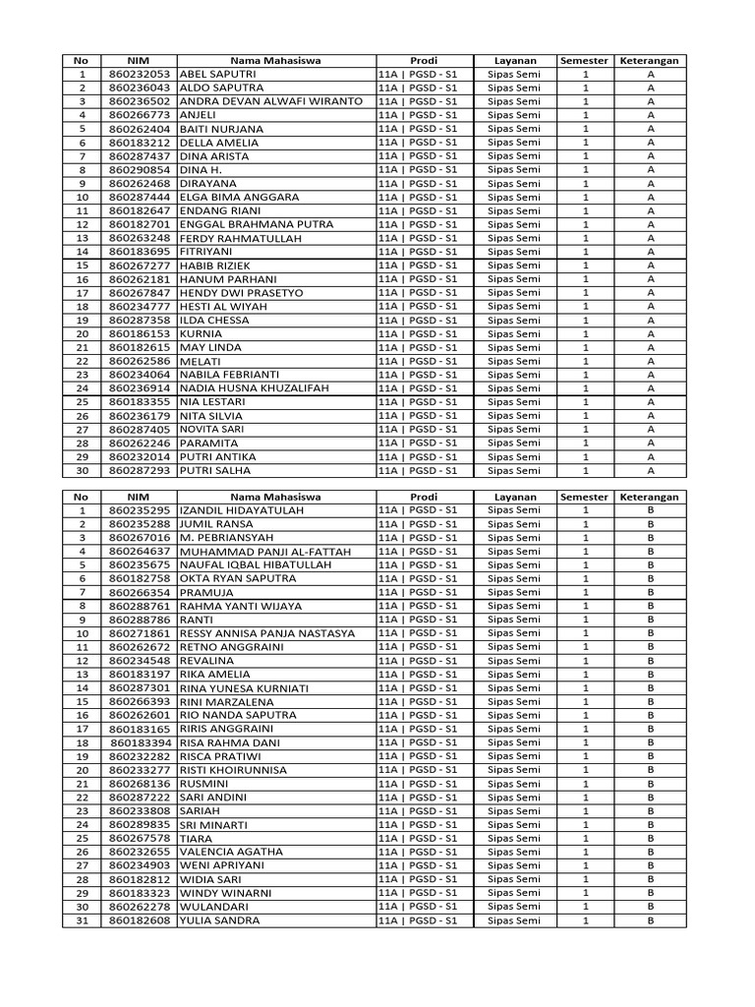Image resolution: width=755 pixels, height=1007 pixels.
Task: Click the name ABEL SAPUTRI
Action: (x=218, y=74)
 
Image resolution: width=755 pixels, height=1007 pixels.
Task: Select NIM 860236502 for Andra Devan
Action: (x=140, y=101)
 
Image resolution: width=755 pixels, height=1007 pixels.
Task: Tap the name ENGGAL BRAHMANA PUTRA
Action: (x=257, y=224)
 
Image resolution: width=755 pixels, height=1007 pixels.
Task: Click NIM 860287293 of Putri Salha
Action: (x=140, y=470)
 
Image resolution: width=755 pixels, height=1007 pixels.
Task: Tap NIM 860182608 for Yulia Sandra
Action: (x=140, y=920)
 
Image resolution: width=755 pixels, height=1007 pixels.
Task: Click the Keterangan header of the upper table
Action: (x=650, y=61)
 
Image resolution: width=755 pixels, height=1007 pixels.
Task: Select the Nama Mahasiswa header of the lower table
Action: (x=275, y=498)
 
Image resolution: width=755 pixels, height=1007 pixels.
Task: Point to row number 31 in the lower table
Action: (x=82, y=920)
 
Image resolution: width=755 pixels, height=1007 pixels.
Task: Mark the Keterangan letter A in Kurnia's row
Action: (x=650, y=333)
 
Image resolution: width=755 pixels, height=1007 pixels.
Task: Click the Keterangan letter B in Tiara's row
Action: (x=650, y=838)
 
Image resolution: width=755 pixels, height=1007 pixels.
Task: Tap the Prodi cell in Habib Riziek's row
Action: (x=418, y=266)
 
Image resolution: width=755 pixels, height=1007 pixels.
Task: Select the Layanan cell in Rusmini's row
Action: (x=515, y=784)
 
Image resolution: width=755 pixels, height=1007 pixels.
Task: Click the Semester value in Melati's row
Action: (x=585, y=361)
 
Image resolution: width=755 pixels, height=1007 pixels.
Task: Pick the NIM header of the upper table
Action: (x=139, y=61)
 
